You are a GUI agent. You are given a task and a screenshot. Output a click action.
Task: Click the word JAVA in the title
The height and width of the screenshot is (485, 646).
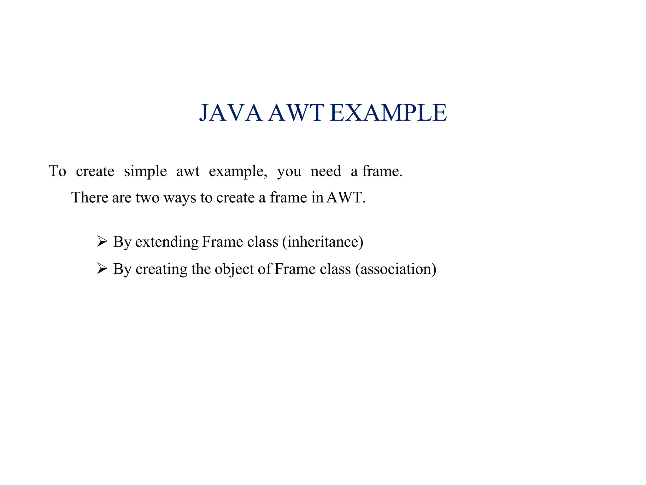[x=231, y=113]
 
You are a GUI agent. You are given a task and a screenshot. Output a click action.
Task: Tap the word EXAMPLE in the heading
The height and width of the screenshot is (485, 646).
[x=388, y=113]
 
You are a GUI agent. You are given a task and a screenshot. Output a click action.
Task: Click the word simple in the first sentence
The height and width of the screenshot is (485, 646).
[x=145, y=171]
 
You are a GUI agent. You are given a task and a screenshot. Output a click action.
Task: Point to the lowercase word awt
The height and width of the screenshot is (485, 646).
[x=188, y=171]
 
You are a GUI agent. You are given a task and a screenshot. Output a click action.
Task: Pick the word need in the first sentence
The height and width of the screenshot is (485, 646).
[x=326, y=171]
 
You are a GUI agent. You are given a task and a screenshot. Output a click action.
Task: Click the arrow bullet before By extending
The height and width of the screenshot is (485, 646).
[x=102, y=242]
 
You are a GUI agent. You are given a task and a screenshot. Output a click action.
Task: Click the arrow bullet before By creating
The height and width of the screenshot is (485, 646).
[x=102, y=269]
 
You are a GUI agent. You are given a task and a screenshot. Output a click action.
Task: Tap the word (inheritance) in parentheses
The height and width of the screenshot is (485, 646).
[x=323, y=242]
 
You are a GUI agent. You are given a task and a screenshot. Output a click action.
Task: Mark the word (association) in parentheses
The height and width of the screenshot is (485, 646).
[x=396, y=269]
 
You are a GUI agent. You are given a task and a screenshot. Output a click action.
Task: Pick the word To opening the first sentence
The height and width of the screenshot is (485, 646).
[x=57, y=171]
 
